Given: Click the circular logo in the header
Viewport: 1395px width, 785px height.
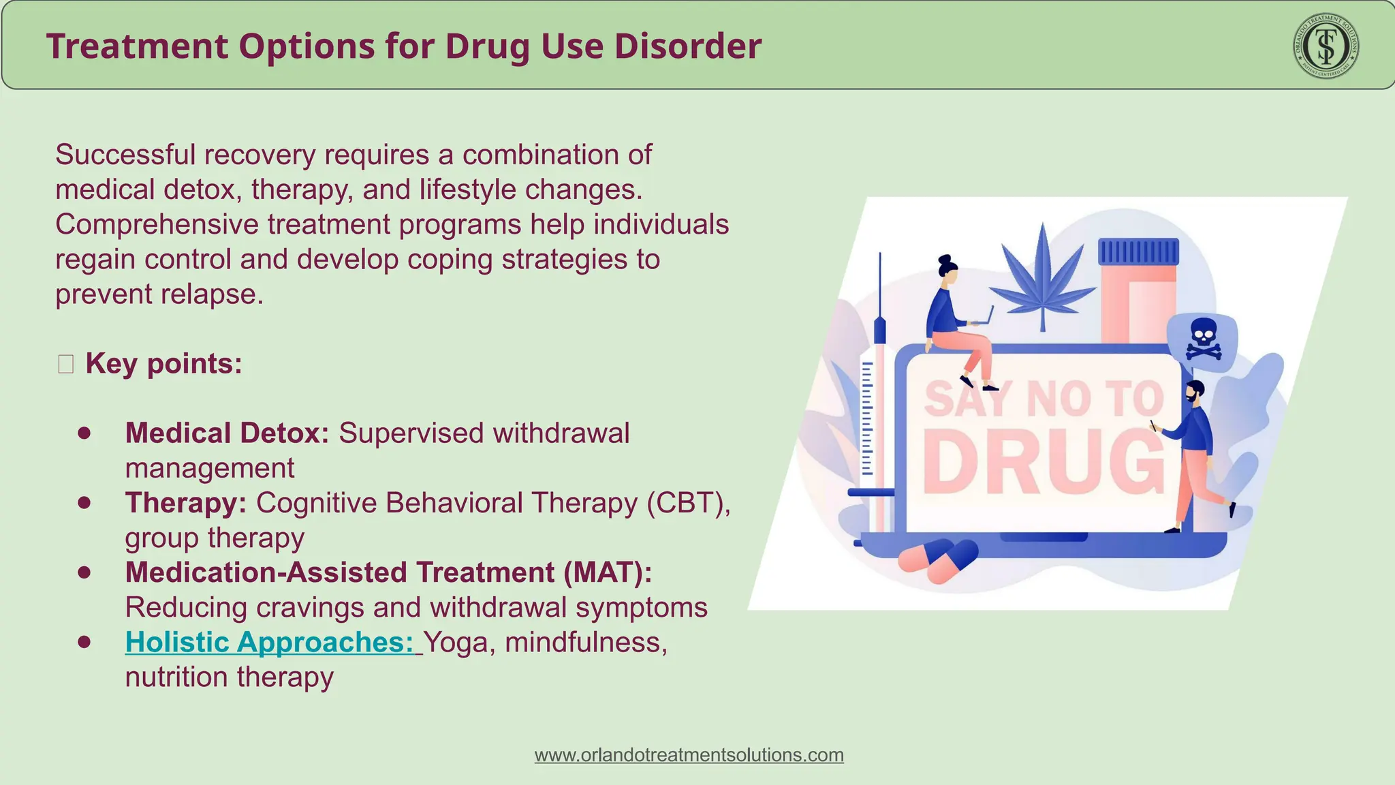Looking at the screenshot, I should (x=1326, y=46).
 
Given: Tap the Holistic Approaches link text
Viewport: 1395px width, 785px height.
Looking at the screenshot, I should (x=269, y=642).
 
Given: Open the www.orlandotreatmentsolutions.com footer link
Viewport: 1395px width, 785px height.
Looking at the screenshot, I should (x=689, y=755).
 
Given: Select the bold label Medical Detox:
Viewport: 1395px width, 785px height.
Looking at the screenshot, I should (x=227, y=433).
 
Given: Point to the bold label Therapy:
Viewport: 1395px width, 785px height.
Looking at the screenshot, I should (x=185, y=503).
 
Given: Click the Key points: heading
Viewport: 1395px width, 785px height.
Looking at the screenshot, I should (x=163, y=364).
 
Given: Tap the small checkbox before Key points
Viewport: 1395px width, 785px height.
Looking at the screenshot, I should (x=66, y=365).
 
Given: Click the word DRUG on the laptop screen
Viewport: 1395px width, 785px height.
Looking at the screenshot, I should (x=1042, y=463).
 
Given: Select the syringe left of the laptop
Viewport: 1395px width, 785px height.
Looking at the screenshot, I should (x=879, y=402).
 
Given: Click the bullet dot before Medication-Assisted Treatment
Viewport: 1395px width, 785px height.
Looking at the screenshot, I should (x=84, y=572).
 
